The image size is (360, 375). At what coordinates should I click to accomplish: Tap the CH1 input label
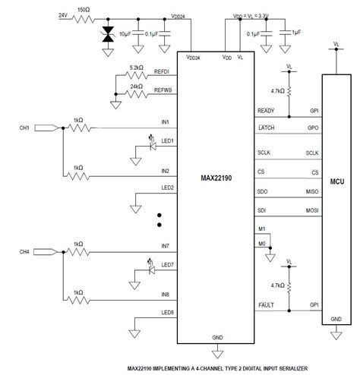pyautogui.click(x=23, y=128)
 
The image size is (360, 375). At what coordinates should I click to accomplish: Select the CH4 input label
pyautogui.click(x=23, y=251)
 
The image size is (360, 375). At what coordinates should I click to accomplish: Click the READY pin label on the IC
pyautogui.click(x=267, y=111)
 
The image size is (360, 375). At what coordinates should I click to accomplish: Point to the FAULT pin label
pyautogui.click(x=267, y=304)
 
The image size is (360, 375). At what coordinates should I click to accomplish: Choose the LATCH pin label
pyautogui.click(x=267, y=127)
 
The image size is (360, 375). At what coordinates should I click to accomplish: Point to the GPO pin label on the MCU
pyautogui.click(x=313, y=127)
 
